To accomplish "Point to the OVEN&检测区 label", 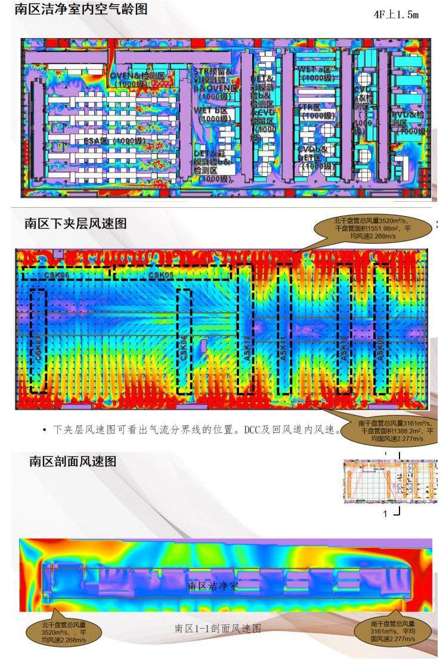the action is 137,76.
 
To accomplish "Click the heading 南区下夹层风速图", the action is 75,223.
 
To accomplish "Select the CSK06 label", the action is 58,275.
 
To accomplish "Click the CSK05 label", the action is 161,275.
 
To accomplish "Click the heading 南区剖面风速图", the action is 73,461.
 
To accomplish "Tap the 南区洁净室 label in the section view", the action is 213,586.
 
